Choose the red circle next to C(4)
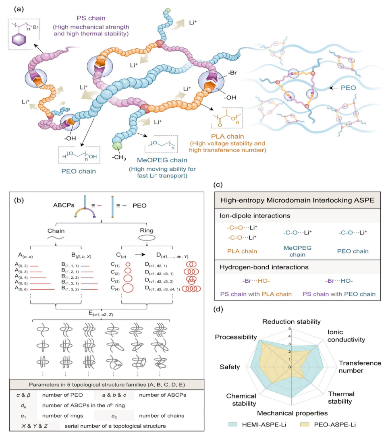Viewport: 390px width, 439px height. click(x=128, y=288)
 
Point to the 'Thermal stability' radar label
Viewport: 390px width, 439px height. click(x=341, y=398)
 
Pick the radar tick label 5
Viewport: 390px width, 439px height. click(x=288, y=329)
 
